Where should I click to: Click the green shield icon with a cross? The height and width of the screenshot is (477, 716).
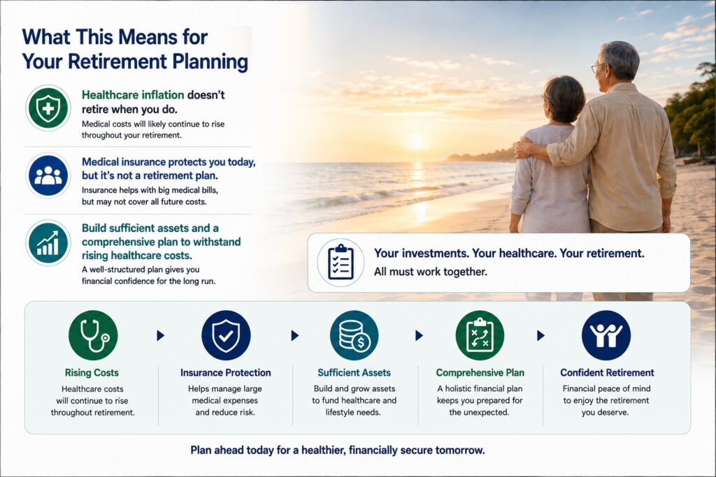coord(48,108)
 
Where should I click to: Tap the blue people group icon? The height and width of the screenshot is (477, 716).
coord(48,175)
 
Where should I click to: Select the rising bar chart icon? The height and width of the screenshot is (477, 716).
coord(48,242)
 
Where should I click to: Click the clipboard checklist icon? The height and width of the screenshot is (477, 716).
coord(341,262)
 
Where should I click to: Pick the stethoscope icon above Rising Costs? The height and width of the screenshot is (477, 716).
coord(93,335)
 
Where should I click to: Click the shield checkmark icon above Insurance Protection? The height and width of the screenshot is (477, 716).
coord(226,335)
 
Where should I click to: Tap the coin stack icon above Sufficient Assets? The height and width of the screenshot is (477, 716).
coord(355,335)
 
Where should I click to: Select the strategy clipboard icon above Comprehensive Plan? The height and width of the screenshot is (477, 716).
coord(480,335)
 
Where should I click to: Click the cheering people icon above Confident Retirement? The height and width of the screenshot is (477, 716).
coord(606,335)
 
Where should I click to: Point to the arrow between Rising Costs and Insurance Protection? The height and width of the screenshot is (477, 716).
coord(160,336)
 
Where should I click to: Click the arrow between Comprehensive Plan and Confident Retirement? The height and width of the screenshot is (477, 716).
coord(540,336)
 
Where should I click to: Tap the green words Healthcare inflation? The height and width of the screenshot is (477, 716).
coord(133,95)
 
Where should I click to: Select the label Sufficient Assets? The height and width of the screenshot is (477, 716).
coord(355,372)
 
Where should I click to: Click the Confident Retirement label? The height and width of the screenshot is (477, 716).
coord(607,372)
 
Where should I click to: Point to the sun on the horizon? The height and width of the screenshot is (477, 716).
coord(417,142)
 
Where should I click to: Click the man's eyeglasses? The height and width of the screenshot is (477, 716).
coord(598,67)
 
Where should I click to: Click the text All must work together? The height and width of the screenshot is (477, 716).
coord(431,272)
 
